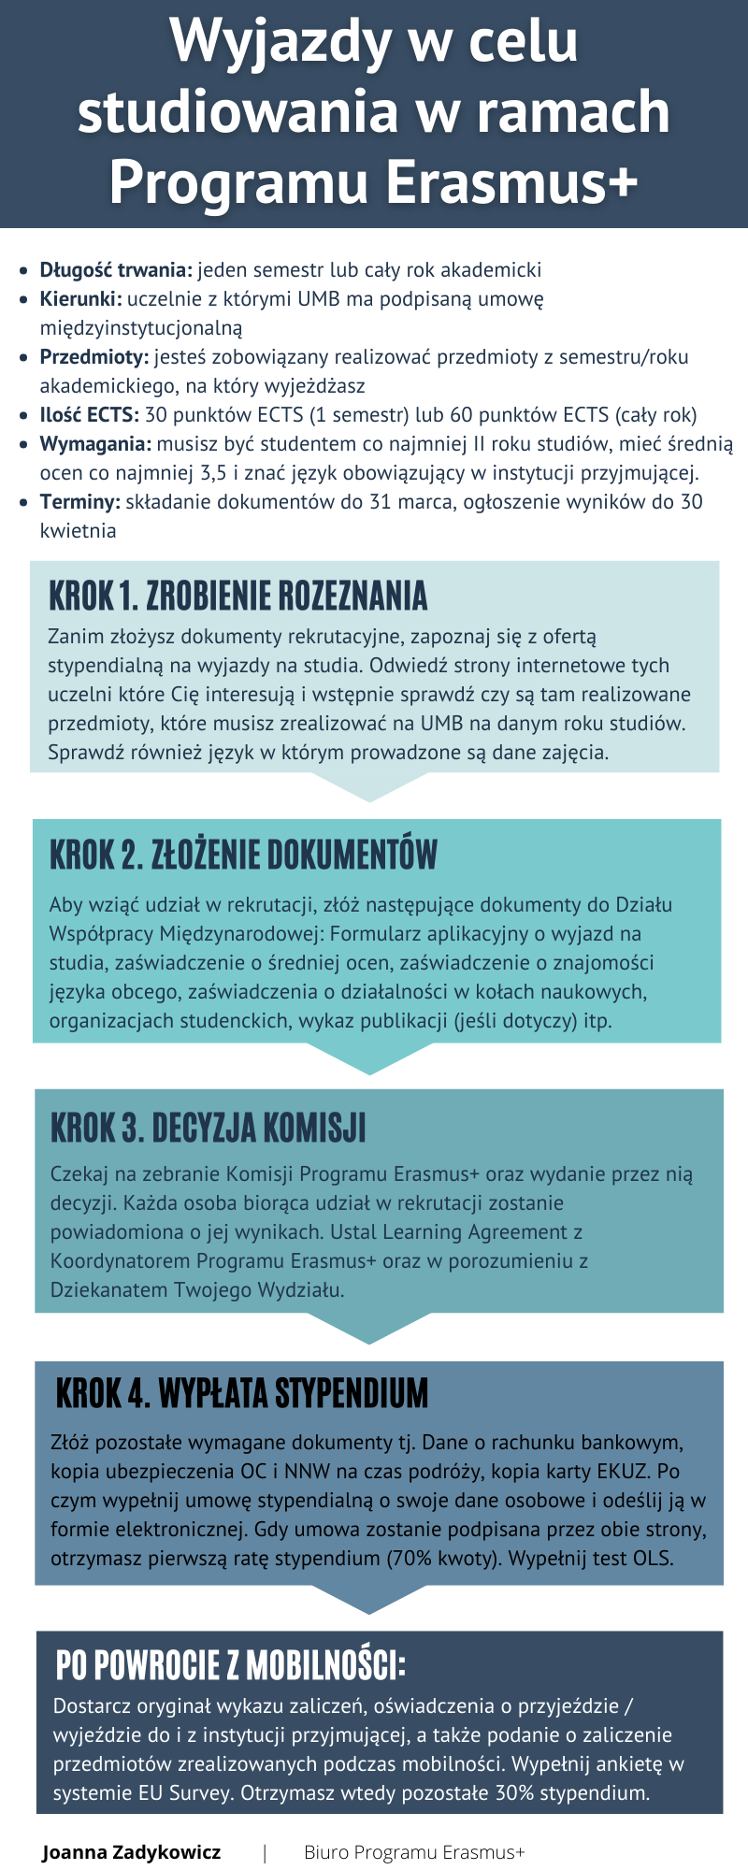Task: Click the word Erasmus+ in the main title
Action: [512, 180]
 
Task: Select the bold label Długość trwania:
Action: [116, 270]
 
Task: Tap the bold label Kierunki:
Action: [80, 299]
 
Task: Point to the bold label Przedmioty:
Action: [93, 356]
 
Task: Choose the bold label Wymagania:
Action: [95, 443]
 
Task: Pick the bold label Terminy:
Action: [80, 501]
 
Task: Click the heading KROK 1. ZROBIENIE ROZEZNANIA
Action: [238, 596]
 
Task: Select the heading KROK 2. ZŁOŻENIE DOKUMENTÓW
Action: [244, 854]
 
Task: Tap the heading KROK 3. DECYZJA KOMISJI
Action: [209, 1128]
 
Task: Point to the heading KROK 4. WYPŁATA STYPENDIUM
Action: [242, 1393]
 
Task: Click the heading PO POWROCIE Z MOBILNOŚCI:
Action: [231, 1665]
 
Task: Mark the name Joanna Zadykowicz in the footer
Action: [132, 1852]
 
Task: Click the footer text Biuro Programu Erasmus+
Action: [414, 1852]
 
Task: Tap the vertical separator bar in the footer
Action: [266, 1852]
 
